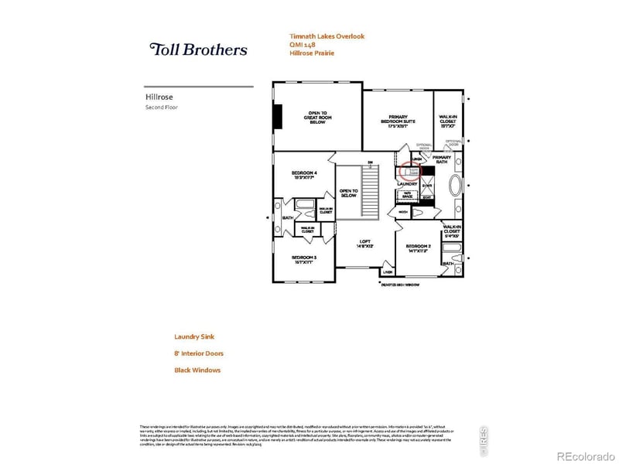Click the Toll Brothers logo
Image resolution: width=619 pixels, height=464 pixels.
click(198, 49)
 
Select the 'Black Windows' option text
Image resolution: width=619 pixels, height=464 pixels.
click(197, 370)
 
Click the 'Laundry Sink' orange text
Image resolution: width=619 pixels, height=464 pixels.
click(193, 336)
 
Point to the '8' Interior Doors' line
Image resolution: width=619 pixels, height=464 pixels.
click(199, 353)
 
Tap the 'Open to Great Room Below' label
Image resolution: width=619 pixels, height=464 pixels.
click(318, 117)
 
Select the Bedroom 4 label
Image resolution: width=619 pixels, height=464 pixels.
click(304, 173)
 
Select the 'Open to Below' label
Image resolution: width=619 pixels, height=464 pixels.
click(348, 193)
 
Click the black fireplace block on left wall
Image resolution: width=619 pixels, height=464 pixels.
click(277, 117)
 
